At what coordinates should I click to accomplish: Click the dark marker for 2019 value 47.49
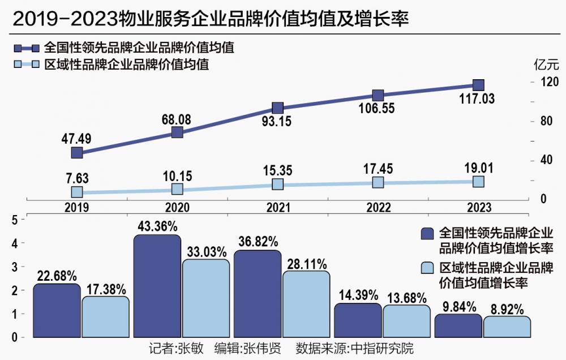[77, 152]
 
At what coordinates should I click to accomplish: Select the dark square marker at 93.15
[277, 108]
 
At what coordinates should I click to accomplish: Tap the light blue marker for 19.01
[478, 181]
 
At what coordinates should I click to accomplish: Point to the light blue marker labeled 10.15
[177, 188]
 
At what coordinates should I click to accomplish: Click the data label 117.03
[478, 99]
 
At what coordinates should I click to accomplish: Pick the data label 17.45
[378, 169]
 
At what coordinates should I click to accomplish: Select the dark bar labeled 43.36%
[157, 286]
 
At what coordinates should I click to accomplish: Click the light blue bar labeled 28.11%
[306, 304]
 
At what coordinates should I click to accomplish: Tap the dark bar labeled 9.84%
[458, 326]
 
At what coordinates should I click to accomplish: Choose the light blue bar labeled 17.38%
[105, 317]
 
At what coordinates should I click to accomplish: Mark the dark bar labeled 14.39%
[358, 320]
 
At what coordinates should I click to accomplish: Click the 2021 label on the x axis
[277, 208]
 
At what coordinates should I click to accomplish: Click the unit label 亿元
[546, 64]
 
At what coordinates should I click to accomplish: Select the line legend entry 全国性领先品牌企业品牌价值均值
[139, 48]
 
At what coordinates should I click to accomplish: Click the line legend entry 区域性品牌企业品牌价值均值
[127, 65]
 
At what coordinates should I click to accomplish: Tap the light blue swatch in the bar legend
[428, 268]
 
